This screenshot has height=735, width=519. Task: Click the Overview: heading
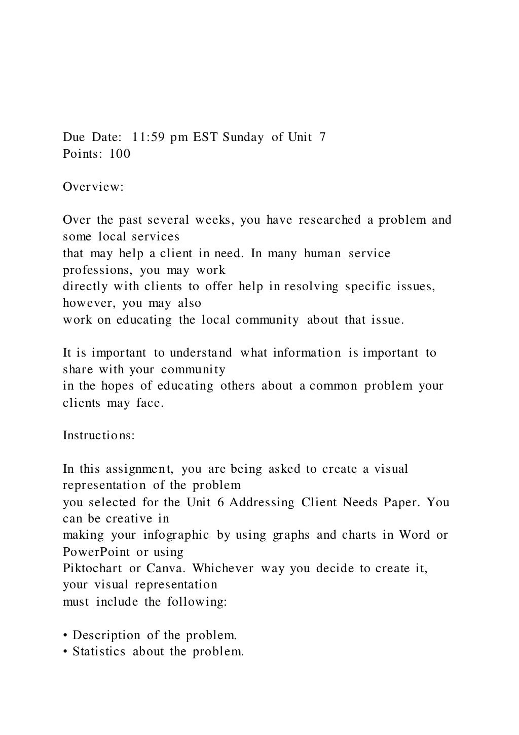pyautogui.click(x=93, y=187)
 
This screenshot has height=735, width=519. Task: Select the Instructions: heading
pyautogui.click(x=99, y=435)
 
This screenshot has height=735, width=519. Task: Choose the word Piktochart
pyautogui.click(x=92, y=568)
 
